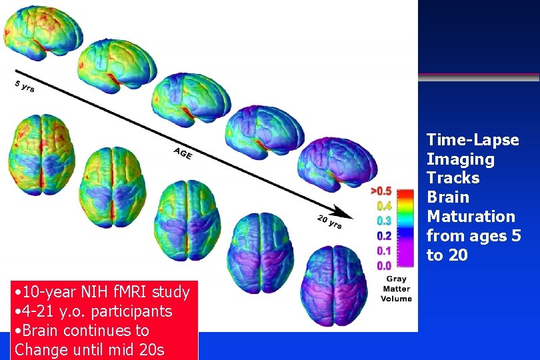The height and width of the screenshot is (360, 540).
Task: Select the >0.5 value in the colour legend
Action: tap(381, 191)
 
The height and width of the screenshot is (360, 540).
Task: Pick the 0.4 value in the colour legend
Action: tap(383, 206)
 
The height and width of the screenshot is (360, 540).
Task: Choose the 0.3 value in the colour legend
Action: tap(383, 221)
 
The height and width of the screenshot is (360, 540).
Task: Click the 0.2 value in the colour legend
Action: tap(383, 236)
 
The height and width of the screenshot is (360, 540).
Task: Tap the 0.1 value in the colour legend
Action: tap(383, 251)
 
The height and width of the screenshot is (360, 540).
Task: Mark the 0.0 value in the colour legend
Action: tap(383, 265)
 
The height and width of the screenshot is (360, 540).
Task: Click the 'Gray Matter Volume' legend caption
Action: tap(396, 289)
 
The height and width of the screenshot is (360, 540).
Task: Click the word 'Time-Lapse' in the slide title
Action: tap(473, 140)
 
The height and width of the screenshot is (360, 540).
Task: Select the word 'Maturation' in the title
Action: tap(471, 217)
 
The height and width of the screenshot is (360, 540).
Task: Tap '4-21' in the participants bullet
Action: tap(39, 311)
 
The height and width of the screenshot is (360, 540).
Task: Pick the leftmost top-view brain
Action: tap(33, 153)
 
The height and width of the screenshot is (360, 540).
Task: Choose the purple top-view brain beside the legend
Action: tap(335, 283)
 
